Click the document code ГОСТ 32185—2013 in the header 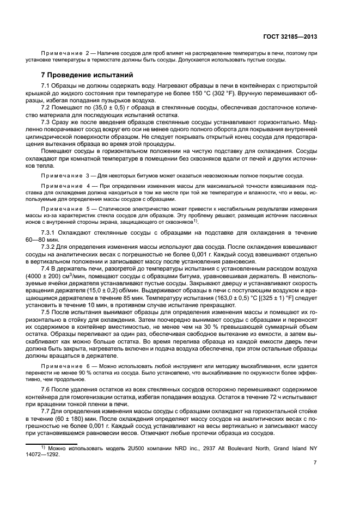289,36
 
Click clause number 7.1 47,87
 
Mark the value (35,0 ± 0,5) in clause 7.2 102,108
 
